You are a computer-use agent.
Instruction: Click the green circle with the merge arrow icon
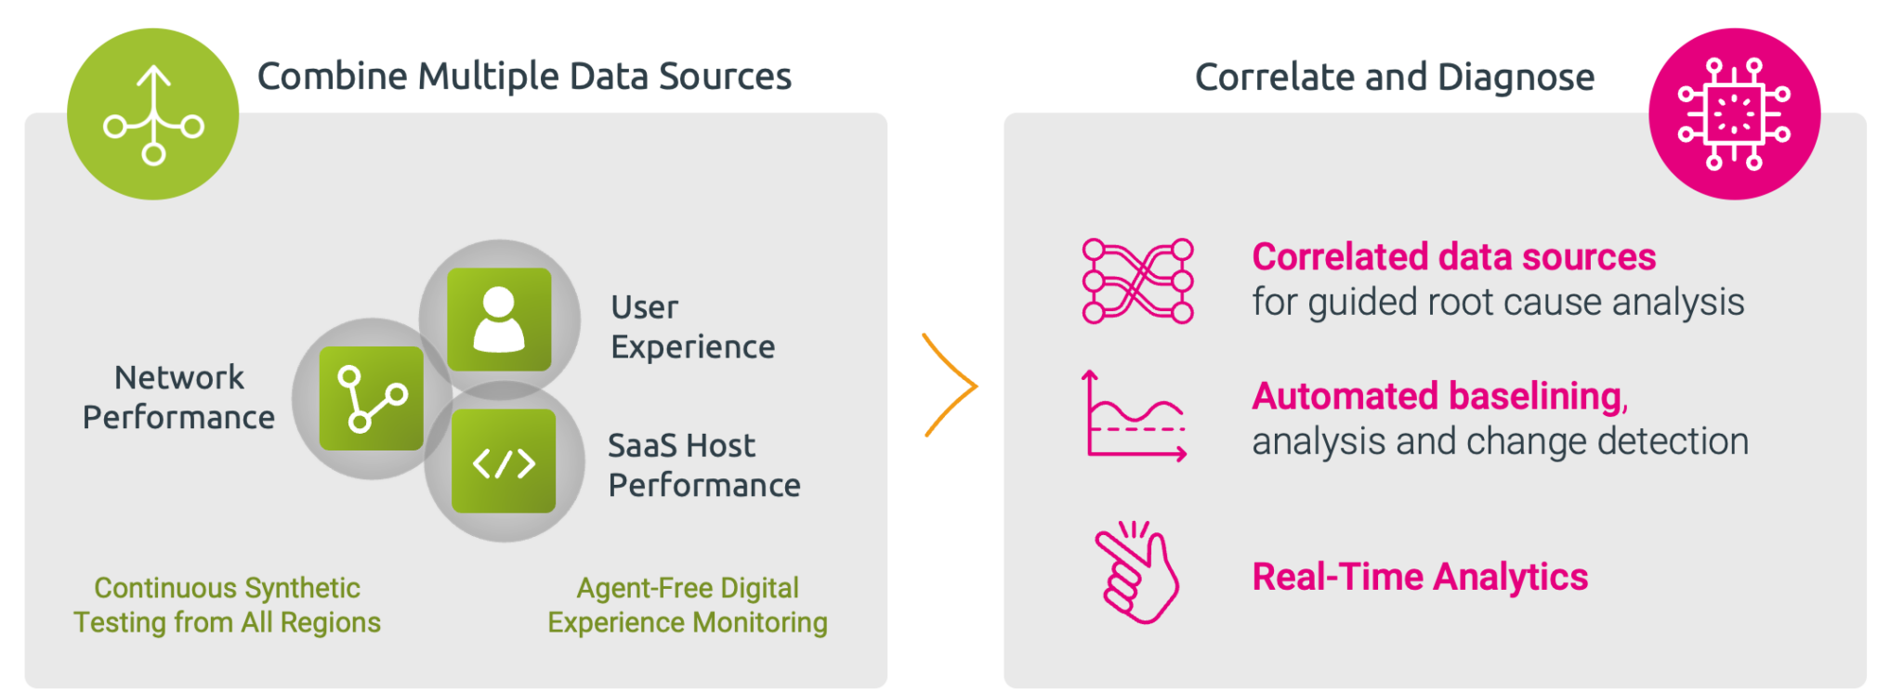pos(153,114)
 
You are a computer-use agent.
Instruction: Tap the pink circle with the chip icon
pos(1734,114)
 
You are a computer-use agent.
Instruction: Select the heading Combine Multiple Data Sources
pos(524,76)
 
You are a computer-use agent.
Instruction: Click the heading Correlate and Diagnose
pos(1395,77)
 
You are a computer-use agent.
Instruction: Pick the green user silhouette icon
pos(500,320)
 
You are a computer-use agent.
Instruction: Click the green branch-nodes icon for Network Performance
pos(372,398)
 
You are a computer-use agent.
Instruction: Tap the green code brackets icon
pos(504,461)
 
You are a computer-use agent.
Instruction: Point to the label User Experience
pos(693,327)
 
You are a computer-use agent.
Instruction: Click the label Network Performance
pos(178,398)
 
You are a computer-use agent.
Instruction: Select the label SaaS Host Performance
pos(704,465)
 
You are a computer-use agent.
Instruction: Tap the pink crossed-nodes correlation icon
pos(1137,281)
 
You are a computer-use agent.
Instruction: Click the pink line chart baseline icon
pos(1135,416)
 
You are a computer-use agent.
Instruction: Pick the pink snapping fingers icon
pos(1136,573)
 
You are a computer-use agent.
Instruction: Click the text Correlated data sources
pos(1454,257)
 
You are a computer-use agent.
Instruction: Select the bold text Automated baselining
pos(1440,397)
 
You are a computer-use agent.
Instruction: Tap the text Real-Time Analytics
pos(1421,577)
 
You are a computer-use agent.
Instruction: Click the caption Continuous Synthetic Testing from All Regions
pos(228,605)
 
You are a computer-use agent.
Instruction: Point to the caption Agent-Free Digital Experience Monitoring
pos(688,605)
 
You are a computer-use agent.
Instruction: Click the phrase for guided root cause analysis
pos(1499,303)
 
